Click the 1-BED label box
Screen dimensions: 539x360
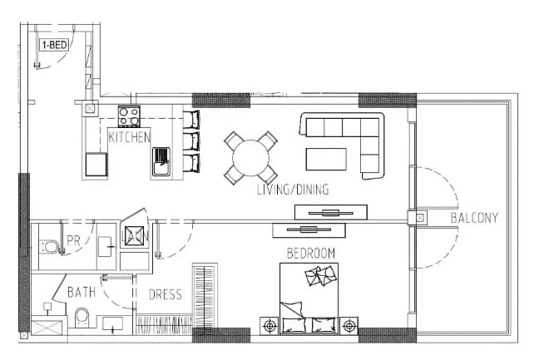(x=54, y=45)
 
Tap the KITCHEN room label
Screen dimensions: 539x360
(x=130, y=137)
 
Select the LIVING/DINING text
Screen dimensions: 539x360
(x=293, y=190)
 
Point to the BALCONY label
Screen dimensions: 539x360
(x=474, y=218)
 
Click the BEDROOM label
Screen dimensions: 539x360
(x=311, y=254)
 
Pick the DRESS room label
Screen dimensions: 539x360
(x=166, y=294)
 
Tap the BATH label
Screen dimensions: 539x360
(x=82, y=292)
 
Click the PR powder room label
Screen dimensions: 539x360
(x=73, y=240)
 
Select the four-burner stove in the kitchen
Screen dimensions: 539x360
(x=129, y=116)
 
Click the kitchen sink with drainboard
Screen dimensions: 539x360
(x=161, y=161)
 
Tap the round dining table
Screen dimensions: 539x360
(x=250, y=158)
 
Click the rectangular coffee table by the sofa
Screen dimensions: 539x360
(x=326, y=159)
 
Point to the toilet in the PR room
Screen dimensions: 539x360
(x=50, y=247)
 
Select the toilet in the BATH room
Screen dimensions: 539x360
(x=82, y=318)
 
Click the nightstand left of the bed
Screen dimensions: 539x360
(x=269, y=325)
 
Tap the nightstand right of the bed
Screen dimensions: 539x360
(x=349, y=325)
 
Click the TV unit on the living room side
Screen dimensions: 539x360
(x=331, y=212)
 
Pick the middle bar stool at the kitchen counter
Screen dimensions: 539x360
(x=190, y=141)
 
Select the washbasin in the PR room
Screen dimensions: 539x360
(x=105, y=246)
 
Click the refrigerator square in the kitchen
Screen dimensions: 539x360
(x=96, y=165)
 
